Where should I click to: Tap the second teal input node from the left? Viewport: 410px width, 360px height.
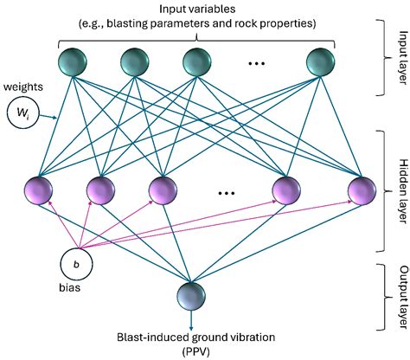coord(137,63)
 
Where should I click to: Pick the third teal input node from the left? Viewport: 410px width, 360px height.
coord(198,63)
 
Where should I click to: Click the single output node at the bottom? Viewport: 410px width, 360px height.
coord(192,297)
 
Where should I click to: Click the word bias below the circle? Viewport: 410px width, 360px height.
coord(72,291)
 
